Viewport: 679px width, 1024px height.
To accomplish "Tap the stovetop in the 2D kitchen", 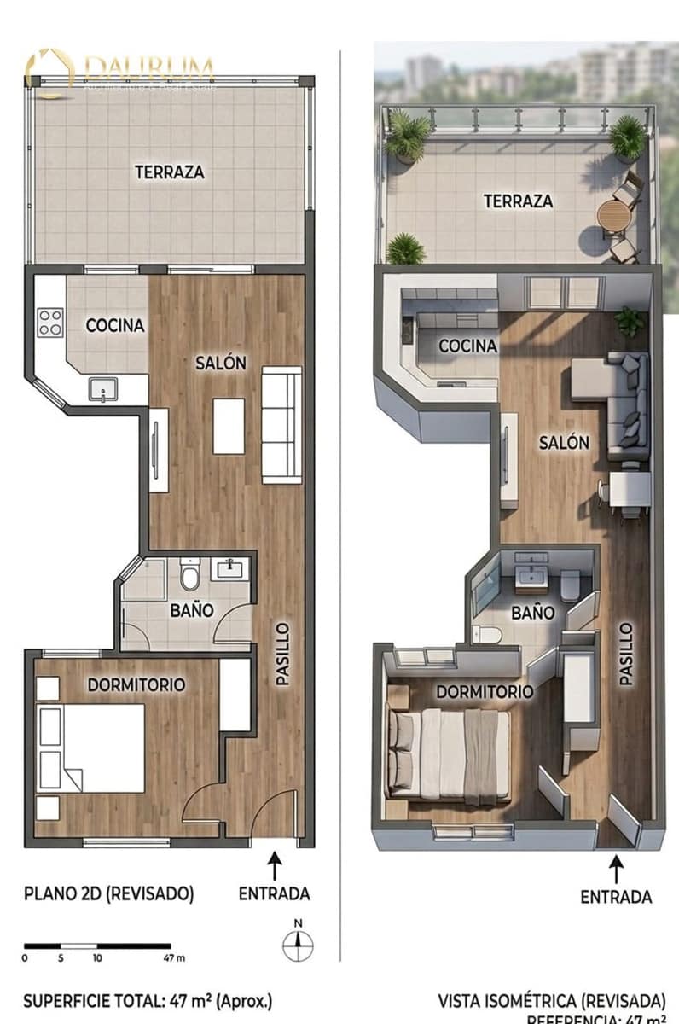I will point(50,322).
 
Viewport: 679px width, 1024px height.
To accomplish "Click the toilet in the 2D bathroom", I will point(189,578).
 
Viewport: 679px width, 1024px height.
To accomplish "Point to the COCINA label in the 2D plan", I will point(115,325).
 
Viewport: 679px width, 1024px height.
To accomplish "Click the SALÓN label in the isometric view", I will point(564,443).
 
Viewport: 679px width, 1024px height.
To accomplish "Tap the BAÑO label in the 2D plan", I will point(191,611).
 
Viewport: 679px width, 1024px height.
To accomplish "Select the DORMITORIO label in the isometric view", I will point(485,691).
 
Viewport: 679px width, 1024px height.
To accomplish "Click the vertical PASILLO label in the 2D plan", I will point(283,654).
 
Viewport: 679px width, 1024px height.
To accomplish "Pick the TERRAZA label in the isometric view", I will point(518,201).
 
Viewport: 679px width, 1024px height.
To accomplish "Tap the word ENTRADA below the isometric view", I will point(616,897).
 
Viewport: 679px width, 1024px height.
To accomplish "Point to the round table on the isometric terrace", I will point(612,217).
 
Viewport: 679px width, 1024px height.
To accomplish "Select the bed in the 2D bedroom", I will point(94,748).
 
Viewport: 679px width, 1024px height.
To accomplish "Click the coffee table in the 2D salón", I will point(229,425).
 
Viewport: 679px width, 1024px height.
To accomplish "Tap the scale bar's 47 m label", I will point(174,958).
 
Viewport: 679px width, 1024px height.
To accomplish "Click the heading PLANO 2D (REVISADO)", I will point(108,894).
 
